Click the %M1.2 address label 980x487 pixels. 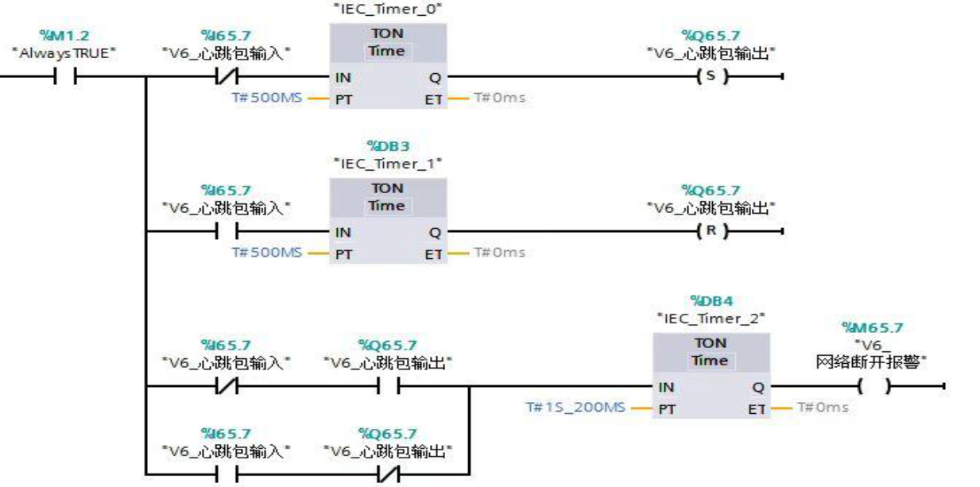64,35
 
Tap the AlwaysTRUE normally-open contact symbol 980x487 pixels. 65,76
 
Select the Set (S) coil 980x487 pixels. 712,76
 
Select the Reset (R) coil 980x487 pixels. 712,231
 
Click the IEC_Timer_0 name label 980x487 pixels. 388,10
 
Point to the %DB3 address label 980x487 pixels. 388,145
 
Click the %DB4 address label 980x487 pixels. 711,301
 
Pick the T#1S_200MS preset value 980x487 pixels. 575,408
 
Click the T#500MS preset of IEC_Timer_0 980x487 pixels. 267,98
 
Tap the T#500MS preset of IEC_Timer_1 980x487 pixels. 267,253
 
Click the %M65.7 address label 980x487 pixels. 873,327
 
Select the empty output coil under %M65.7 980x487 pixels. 874,386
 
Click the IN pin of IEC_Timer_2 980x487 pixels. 666,388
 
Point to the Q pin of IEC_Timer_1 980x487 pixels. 435,233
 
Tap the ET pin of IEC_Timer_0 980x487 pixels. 433,99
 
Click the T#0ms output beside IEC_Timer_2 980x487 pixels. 823,408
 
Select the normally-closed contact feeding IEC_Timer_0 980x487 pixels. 227,76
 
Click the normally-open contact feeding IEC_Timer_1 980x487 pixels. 227,231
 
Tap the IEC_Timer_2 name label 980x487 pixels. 711,319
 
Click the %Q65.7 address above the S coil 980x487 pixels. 711,35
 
